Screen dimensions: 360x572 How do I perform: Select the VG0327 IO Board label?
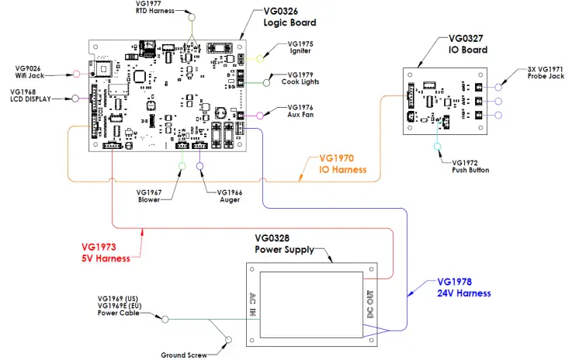(468, 43)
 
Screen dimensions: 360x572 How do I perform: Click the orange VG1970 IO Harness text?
(343, 164)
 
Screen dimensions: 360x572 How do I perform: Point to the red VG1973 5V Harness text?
(106, 253)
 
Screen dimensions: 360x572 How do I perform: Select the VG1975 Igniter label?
(300, 49)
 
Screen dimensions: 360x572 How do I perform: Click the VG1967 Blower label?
(149, 196)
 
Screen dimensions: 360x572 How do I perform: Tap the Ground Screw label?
(183, 355)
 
